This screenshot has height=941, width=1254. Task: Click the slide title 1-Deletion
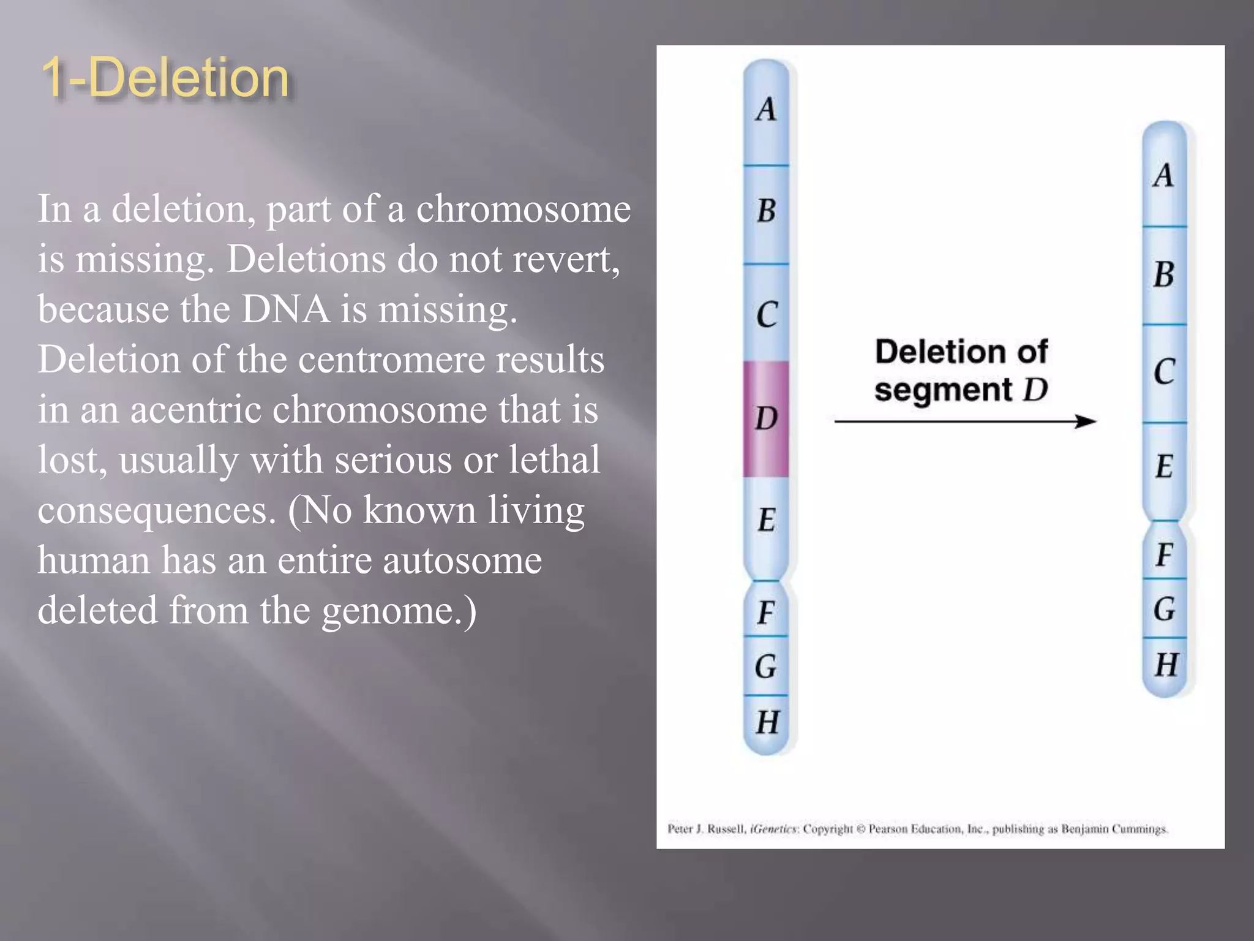(165, 78)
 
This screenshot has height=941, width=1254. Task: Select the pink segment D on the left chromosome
(766, 418)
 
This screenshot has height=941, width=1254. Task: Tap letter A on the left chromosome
(766, 110)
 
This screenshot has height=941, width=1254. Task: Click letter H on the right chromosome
(1166, 665)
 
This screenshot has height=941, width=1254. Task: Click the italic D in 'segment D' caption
(1035, 390)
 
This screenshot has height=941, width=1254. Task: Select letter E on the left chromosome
(767, 520)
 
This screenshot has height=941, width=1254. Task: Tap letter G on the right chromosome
(1165, 609)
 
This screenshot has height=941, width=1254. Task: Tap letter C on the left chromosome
(767, 315)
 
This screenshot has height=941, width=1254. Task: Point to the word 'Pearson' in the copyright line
(888, 830)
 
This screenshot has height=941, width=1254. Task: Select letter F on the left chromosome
(766, 612)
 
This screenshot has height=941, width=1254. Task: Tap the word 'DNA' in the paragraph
(285, 309)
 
